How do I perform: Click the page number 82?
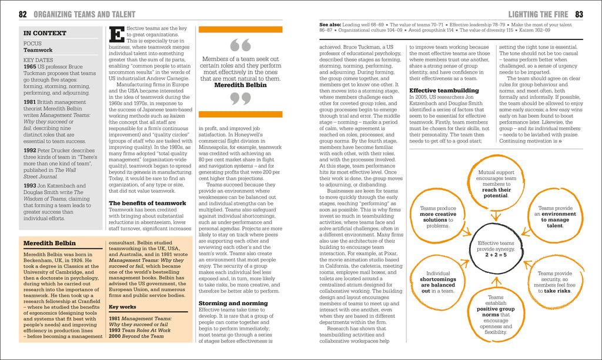pyautogui.click(x=23, y=14)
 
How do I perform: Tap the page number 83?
pyautogui.click(x=579, y=14)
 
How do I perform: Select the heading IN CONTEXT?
pyautogui.click(x=45, y=34)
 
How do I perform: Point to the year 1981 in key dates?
pyautogui.click(x=30, y=102)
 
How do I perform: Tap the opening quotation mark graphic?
pyautogui.click(x=240, y=45)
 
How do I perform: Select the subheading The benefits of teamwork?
pyautogui.click(x=148, y=203)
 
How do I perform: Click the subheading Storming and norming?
pyautogui.click(x=233, y=303)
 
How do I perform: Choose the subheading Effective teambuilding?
pyautogui.click(x=444, y=91)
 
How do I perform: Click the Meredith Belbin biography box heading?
pyautogui.click(x=49, y=243)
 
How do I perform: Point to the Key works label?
pyautogui.click(x=122, y=306)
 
